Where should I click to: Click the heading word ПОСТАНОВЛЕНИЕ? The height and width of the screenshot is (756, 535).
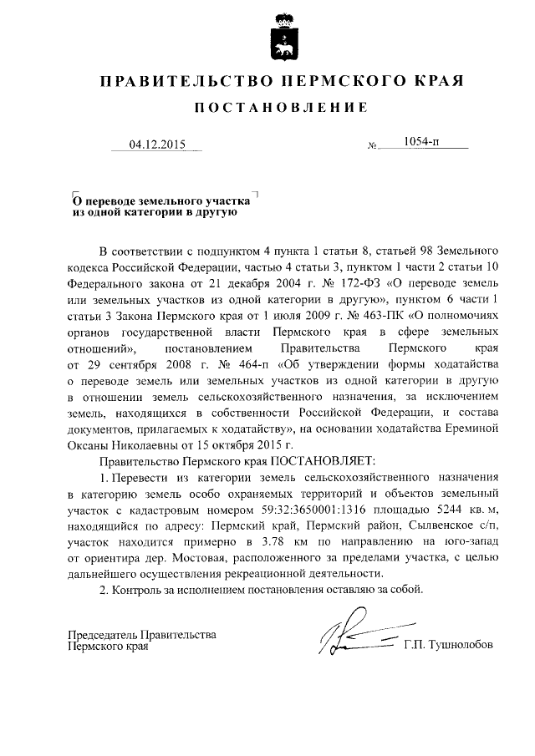pos(281,109)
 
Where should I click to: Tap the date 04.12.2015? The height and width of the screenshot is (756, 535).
pos(156,144)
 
